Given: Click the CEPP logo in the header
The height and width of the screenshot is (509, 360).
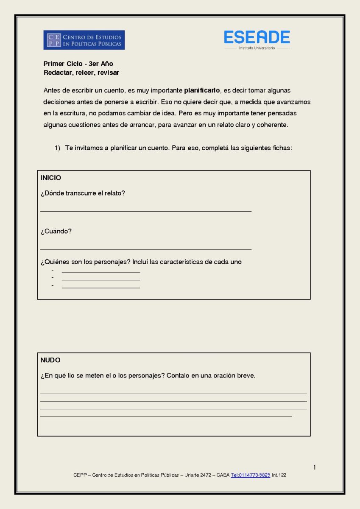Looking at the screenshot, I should pos(84,40).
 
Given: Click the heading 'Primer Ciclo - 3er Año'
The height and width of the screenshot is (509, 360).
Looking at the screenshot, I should pos(78,64).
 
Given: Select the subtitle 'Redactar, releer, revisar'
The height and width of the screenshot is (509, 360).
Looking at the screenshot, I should pos(81,73).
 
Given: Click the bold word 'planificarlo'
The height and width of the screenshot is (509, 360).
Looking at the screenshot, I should pos(202,90).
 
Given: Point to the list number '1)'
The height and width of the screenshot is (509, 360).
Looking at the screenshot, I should pos(57,148).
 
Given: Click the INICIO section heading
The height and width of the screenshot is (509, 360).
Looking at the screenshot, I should pos(51,177).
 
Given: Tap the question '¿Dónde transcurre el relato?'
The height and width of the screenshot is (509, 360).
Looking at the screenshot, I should pos(83,193).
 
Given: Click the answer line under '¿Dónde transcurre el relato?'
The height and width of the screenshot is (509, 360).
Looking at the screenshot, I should pos(145,211).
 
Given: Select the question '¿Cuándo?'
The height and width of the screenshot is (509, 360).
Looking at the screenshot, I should pos(56,231).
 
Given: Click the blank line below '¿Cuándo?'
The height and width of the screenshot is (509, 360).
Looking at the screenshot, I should pos(145,249).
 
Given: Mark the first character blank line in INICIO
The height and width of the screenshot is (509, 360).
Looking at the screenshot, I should pos(101,272).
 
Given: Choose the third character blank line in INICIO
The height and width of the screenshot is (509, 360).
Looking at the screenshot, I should pos(101,288).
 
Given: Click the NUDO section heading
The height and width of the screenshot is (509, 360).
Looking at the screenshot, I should pos(50,360).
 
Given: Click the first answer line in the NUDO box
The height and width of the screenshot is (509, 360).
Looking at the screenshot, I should pos(173,394).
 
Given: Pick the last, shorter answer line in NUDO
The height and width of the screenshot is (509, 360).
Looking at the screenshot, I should pos(166,417).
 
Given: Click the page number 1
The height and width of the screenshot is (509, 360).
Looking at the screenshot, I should pos(315,467).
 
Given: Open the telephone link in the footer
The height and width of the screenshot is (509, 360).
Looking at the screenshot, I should pos(251,475).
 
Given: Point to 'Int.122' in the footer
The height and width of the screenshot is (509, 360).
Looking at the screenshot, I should pos(279,475).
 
